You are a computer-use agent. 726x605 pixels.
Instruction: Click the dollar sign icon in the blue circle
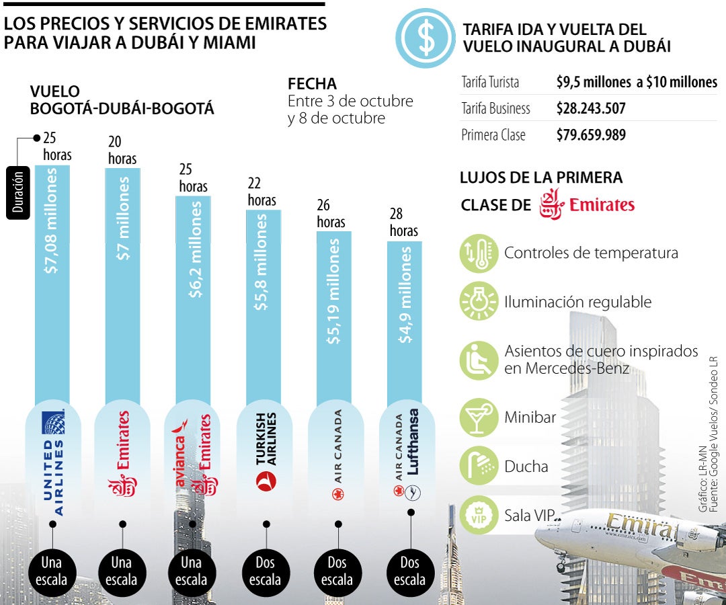(x=426, y=38)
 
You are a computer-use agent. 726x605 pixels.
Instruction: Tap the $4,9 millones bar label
(x=405, y=296)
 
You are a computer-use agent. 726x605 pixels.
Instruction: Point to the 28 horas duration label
(x=404, y=223)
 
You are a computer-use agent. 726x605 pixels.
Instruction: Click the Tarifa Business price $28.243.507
(x=591, y=108)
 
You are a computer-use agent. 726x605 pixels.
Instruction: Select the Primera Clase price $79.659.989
(x=591, y=134)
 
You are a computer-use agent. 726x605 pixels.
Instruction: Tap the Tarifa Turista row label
(x=490, y=82)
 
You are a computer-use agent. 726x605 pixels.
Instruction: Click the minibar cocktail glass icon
(x=479, y=417)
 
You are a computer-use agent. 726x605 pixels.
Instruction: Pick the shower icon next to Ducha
(x=479, y=466)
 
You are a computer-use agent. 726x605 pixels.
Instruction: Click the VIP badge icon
(x=479, y=516)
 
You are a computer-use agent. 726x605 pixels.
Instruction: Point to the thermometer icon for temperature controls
(x=479, y=253)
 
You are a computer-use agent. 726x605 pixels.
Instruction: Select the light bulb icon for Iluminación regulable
(x=479, y=302)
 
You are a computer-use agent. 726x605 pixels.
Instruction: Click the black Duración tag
(x=17, y=192)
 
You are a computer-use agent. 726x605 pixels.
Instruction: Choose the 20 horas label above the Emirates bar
(x=122, y=150)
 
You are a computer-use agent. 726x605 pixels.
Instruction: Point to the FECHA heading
(x=312, y=84)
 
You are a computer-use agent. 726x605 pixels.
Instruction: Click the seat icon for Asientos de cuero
(x=479, y=360)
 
